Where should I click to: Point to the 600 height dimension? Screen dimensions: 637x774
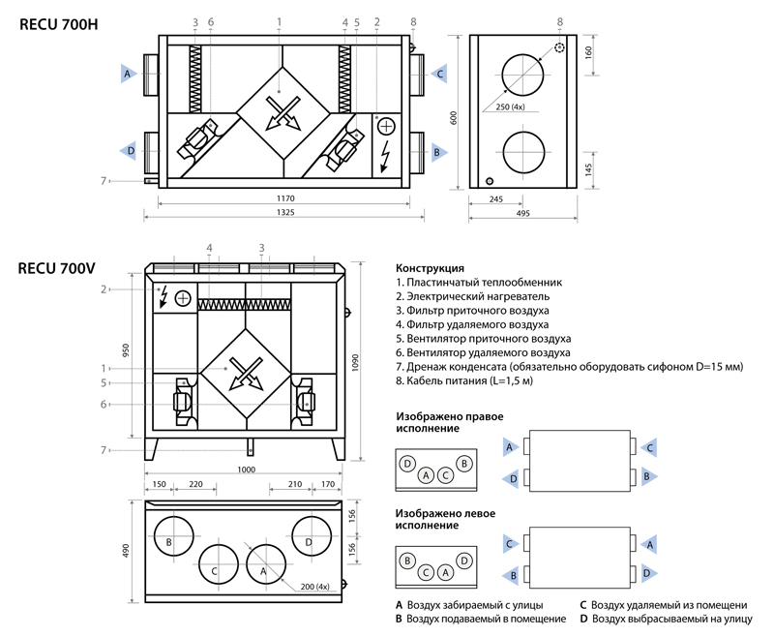pyautogui.click(x=452, y=116)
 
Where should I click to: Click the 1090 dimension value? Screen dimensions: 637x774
pyautogui.click(x=360, y=361)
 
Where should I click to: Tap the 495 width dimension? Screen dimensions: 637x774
pyautogui.click(x=522, y=214)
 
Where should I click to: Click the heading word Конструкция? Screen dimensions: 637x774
pyautogui.click(x=431, y=268)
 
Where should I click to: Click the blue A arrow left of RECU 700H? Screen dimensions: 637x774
pyautogui.click(x=127, y=73)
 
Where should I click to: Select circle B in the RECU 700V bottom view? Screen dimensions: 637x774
pyautogui.click(x=169, y=541)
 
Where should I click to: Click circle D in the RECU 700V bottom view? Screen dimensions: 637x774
pyautogui.click(x=309, y=541)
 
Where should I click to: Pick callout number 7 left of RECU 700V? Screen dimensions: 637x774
pyautogui.click(x=104, y=450)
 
